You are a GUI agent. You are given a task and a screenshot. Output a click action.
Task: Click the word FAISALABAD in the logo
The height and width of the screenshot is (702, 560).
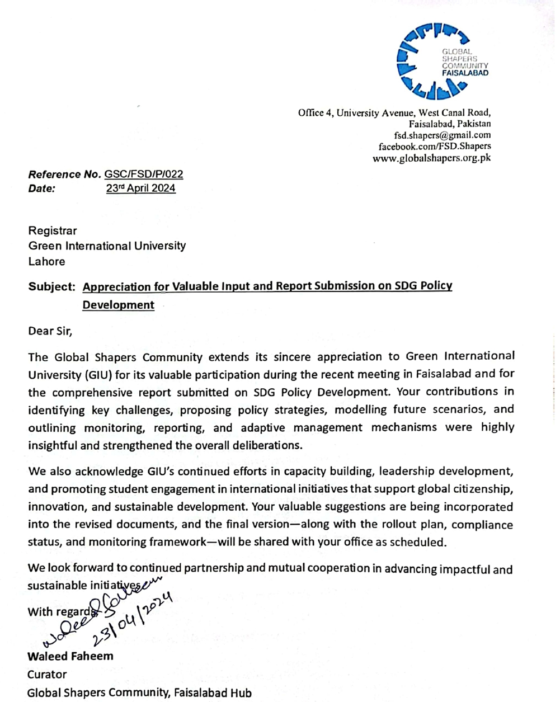click(x=465, y=73)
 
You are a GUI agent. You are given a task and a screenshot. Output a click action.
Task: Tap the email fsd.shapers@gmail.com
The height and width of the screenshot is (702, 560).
click(x=443, y=135)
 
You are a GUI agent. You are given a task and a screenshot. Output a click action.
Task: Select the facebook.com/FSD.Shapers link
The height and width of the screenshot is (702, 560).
click(x=435, y=147)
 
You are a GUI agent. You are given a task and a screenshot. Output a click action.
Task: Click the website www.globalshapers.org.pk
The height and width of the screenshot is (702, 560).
click(x=432, y=158)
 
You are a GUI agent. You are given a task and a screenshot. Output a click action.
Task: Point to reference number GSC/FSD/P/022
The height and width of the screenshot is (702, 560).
click(x=144, y=174)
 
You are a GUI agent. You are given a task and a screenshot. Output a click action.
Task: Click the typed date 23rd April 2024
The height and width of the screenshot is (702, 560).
click(x=141, y=189)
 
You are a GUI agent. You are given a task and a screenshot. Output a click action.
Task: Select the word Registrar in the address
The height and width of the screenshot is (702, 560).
click(x=53, y=230)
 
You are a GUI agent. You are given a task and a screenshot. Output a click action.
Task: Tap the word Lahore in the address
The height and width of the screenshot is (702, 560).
click(x=46, y=261)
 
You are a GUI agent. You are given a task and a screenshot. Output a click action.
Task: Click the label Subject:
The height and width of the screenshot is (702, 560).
click(x=51, y=286)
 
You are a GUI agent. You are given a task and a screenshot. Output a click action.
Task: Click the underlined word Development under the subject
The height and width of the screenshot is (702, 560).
click(x=119, y=305)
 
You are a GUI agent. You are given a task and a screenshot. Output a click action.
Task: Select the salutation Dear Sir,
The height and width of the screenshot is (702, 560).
click(x=50, y=331)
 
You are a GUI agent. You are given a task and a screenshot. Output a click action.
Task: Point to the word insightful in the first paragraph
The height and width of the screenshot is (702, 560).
click(x=55, y=445)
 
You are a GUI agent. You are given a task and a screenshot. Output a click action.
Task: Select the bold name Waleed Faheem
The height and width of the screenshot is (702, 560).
click(x=70, y=656)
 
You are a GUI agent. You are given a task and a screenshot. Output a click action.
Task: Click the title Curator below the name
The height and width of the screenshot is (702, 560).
click(x=47, y=674)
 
